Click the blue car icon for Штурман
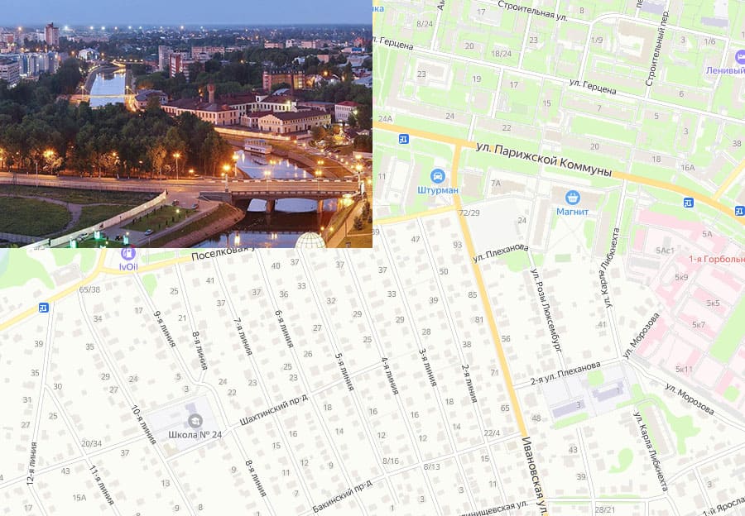[437, 175]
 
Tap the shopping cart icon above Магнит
[572, 197]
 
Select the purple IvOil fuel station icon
[127, 252]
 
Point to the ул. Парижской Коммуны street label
[544, 160]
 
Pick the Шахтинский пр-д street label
[273, 410]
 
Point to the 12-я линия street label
[31, 466]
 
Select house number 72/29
[469, 213]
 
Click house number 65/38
[89, 289]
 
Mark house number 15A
[79, 497]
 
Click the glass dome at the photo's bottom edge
[310, 241]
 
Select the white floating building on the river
[257, 147]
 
